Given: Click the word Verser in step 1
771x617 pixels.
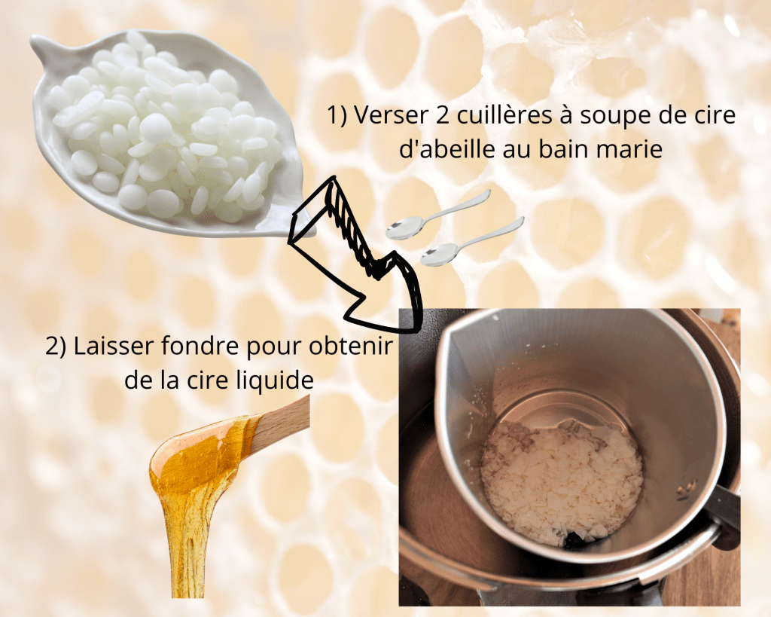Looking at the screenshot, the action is [x=391, y=115].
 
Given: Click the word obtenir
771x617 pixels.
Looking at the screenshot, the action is [x=351, y=346].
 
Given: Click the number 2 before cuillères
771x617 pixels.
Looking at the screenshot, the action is [x=442, y=115].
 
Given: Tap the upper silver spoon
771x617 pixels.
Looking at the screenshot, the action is [x=438, y=215].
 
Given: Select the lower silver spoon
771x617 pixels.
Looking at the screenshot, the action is [x=473, y=242].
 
